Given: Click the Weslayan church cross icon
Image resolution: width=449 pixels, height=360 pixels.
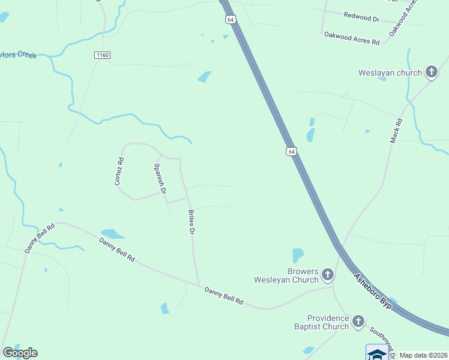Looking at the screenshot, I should pos(431,73).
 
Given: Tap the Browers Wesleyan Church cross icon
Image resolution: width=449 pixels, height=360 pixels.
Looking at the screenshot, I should pos(327,275).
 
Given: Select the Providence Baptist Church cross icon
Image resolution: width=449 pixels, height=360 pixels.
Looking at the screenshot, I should pos(358,322).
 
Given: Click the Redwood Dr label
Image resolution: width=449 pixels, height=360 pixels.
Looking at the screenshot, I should pos(361,17).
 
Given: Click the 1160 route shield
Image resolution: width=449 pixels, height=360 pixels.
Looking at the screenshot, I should pos(102,55).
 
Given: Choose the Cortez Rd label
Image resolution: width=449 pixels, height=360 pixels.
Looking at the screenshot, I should pos(120,171).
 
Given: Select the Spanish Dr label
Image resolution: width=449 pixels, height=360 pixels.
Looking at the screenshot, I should pos(160,179).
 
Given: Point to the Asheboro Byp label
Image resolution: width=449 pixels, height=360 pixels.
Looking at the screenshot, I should pos(373,292).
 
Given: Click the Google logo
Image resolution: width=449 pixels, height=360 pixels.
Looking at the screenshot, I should pos(20,353).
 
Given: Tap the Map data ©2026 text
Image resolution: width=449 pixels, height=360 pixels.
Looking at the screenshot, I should pos(423,355).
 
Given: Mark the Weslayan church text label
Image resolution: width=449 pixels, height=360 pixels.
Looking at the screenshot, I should pos(390,73).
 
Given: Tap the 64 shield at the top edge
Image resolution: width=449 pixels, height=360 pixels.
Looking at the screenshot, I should pos(231,19).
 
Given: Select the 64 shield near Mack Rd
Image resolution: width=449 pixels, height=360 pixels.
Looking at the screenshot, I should pos(291,151).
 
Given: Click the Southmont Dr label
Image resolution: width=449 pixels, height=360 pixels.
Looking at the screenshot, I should pos(381,338).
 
